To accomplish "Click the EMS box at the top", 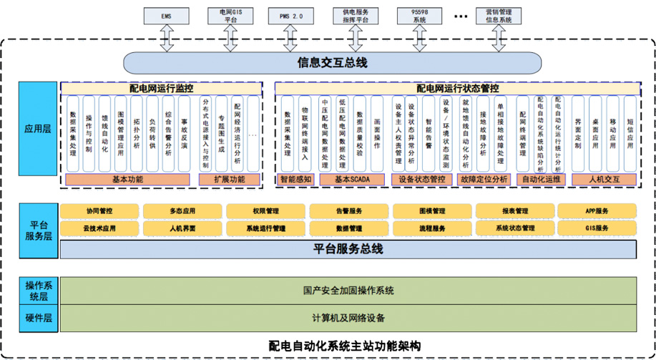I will click(x=166, y=16).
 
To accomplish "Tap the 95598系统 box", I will click(x=418, y=16).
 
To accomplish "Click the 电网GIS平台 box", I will click(x=228, y=16).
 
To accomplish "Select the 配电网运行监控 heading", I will click(x=161, y=88).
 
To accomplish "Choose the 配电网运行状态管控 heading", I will click(x=458, y=88).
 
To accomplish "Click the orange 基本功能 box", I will click(x=128, y=179).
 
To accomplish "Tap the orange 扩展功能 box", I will click(x=229, y=179).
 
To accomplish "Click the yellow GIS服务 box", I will click(x=596, y=228).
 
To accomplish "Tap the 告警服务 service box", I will click(x=348, y=211).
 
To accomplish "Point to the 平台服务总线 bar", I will click(x=348, y=249).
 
